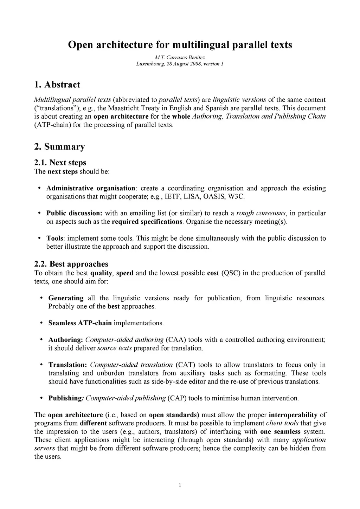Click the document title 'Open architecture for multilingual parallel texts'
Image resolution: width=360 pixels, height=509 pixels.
click(180, 45)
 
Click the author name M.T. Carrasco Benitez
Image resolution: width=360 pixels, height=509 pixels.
click(180, 57)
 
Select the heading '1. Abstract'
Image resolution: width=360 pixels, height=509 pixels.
click(57, 85)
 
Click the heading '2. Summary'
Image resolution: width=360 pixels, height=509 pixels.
click(59, 146)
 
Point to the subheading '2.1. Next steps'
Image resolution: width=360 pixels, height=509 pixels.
click(60, 162)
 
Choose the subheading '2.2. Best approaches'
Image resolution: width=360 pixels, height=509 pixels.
click(71, 264)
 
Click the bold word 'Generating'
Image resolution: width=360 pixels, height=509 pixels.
click(66, 298)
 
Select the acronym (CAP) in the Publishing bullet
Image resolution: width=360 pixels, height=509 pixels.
click(177, 398)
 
